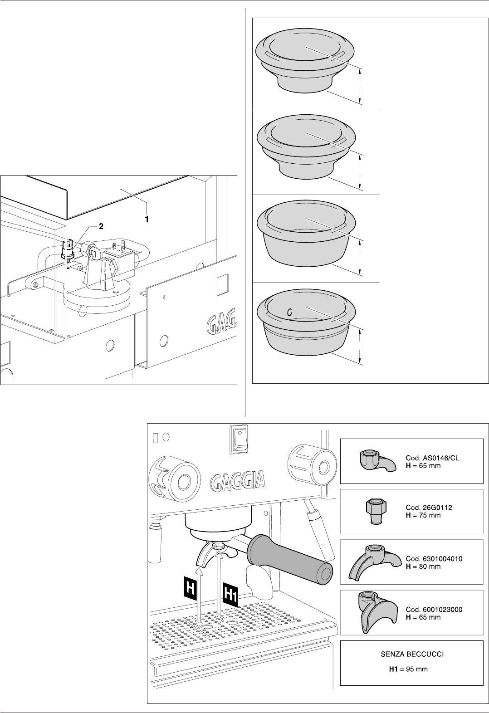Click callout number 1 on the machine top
pyautogui.click(x=147, y=219)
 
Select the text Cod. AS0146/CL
pyautogui.click(x=432, y=459)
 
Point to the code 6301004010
pyautogui.click(x=434, y=559)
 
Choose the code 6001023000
pyautogui.click(x=434, y=610)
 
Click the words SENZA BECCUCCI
pyautogui.click(x=411, y=654)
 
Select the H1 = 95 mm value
pyautogui.click(x=408, y=669)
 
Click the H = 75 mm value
pyautogui.click(x=423, y=516)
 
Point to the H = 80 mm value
pyautogui.click(x=423, y=566)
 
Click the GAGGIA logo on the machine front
pyautogui.click(x=237, y=481)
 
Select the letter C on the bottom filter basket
pyautogui.click(x=289, y=312)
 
